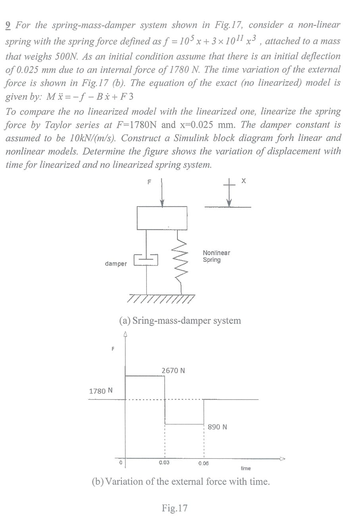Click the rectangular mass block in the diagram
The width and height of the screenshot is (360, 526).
(162, 218)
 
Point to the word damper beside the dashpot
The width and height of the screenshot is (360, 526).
(116, 264)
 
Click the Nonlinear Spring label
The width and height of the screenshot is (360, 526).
(216, 256)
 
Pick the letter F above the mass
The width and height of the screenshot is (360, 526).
(150, 182)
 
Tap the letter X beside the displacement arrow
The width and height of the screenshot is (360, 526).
(243, 182)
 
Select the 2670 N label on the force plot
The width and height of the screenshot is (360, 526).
(173, 371)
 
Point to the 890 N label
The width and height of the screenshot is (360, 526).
(218, 427)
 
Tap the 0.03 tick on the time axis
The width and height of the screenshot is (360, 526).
(164, 462)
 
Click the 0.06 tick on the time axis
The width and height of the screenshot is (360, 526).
(204, 463)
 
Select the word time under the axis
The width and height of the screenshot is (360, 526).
(246, 469)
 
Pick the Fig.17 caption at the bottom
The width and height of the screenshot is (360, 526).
(175, 508)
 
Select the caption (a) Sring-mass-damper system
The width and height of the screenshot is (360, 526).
(180, 321)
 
